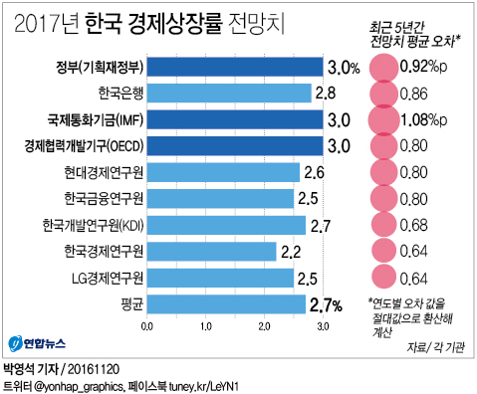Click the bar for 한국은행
click(x=229, y=94)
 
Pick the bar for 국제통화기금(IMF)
click(x=235, y=119)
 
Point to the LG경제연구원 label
click(x=104, y=277)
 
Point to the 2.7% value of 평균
click(x=327, y=302)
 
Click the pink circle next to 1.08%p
click(x=382, y=119)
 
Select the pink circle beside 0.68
click(x=382, y=224)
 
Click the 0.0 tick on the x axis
click(x=148, y=325)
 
